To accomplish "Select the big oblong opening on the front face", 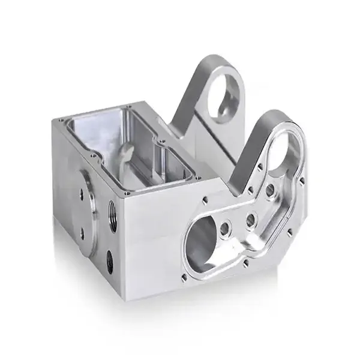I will [x=203, y=237].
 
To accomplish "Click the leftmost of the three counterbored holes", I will [x=227, y=227].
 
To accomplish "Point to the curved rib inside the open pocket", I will [x=124, y=154].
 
